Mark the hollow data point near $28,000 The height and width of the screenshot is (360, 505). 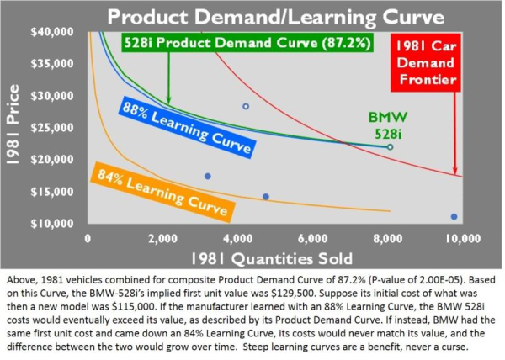click(246, 107)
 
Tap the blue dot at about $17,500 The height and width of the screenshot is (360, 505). click(208, 176)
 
